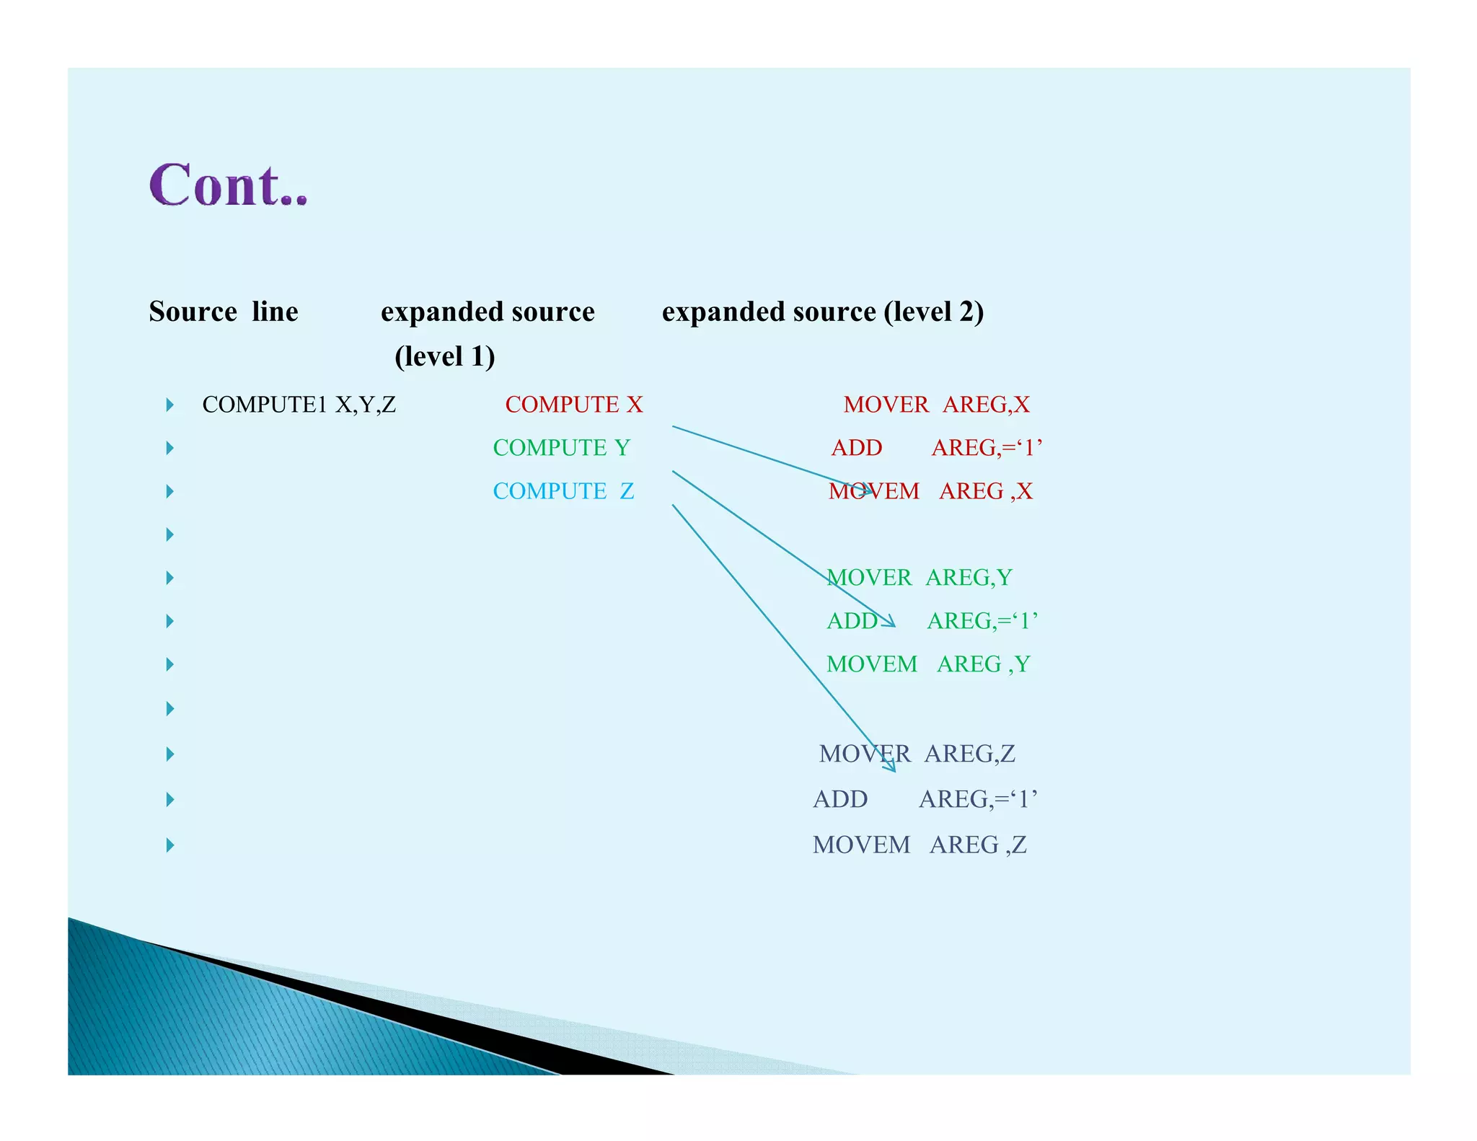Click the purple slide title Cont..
[x=228, y=186]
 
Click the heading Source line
[x=224, y=312]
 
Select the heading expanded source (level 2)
[x=822, y=312]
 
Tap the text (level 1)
[x=444, y=356]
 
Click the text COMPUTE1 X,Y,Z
[x=299, y=405]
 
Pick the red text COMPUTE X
[x=573, y=405]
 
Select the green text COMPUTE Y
[x=561, y=448]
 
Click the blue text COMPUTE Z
[x=563, y=491]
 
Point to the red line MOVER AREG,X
[x=936, y=405]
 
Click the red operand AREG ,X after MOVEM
[x=985, y=491]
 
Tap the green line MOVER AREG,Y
[x=919, y=578]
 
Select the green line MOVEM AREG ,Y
[x=927, y=664]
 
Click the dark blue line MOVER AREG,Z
[x=917, y=754]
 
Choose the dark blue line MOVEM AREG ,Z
[x=919, y=845]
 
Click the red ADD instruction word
[x=856, y=448]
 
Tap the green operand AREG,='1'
[x=982, y=621]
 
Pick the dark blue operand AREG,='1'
[x=978, y=799]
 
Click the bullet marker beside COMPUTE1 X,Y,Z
[x=170, y=405]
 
